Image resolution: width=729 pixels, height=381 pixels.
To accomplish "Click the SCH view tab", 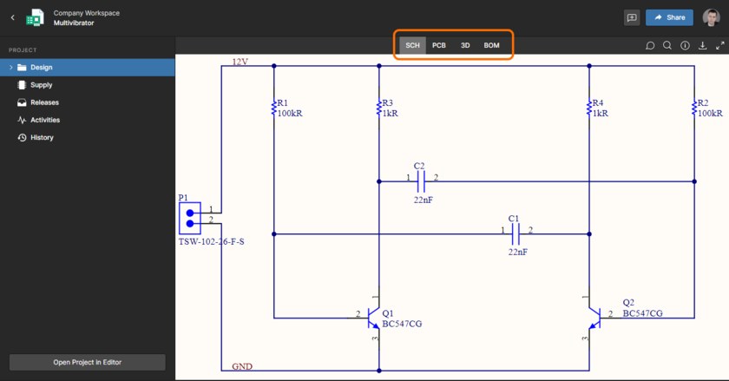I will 413,45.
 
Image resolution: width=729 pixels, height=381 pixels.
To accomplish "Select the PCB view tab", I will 439,45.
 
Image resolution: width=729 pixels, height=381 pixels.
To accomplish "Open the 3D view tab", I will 465,45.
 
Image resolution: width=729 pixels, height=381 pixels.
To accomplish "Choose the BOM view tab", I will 492,45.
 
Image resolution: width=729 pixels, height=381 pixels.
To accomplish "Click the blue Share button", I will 669,17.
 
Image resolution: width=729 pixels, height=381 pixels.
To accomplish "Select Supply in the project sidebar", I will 42,85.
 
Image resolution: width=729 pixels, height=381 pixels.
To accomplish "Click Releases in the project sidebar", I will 44,102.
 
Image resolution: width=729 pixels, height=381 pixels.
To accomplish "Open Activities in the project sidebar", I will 45,120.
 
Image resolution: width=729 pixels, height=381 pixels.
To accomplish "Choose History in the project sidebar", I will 42,137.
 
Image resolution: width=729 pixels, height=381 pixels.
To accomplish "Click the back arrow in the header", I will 12,17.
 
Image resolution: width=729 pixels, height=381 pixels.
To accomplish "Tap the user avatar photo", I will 711,17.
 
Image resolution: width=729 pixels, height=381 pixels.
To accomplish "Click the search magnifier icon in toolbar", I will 667,46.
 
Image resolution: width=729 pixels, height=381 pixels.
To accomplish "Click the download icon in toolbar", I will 703,46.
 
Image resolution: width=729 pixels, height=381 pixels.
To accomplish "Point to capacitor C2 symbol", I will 421,181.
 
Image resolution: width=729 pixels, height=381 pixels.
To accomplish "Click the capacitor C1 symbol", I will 516,233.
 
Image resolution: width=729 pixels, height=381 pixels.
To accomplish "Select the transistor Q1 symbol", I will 372,318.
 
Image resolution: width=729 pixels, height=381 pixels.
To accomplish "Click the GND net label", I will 242,366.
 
